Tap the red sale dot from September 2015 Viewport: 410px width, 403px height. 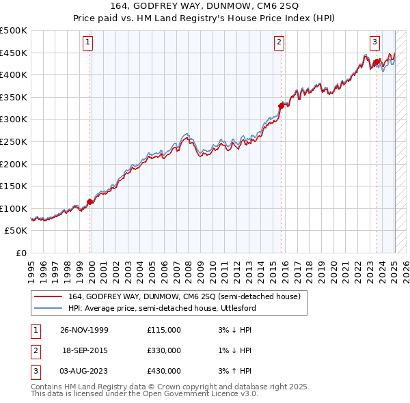pyautogui.click(x=281, y=105)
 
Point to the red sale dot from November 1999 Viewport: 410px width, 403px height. pyautogui.click(x=90, y=201)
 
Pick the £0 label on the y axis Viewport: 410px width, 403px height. pyautogui.click(x=22, y=253)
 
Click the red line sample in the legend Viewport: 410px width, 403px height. pyautogui.click(x=48, y=296)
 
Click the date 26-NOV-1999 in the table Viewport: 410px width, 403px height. pyautogui.click(x=85, y=330)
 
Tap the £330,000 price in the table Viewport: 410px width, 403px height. pyautogui.click(x=164, y=350)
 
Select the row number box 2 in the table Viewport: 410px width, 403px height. pyautogui.click(x=35, y=350)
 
